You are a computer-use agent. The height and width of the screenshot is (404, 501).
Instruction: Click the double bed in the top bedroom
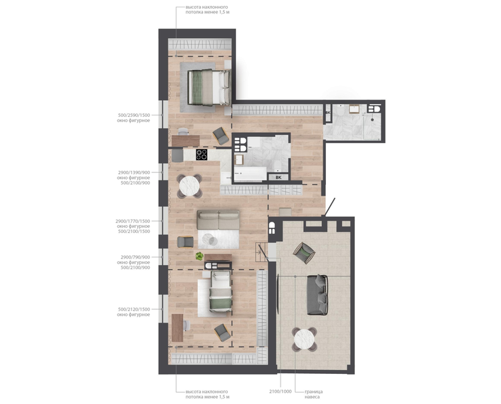click(209, 87)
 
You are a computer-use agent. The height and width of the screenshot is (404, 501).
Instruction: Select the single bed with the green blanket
click(220, 292)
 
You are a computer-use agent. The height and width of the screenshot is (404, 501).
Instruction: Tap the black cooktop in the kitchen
click(202, 154)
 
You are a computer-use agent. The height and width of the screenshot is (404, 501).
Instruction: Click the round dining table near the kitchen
click(190, 186)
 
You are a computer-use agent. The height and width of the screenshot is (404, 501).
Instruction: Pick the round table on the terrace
click(305, 339)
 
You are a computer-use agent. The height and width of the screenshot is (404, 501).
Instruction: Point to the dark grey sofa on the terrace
click(317, 294)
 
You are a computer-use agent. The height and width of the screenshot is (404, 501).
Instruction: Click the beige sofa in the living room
click(218, 220)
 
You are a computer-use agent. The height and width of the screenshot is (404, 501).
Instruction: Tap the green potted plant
click(200, 256)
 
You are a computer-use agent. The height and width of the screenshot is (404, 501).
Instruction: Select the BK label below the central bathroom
click(279, 178)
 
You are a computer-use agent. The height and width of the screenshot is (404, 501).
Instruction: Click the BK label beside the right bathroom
click(328, 113)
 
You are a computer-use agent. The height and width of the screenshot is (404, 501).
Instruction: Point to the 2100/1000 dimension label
click(280, 391)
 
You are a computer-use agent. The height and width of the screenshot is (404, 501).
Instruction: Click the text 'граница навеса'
click(313, 394)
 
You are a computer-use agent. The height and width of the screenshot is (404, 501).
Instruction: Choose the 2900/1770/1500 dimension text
click(133, 221)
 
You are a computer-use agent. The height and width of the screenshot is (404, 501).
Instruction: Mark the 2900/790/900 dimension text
click(135, 257)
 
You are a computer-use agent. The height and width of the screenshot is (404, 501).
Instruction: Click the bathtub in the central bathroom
click(251, 174)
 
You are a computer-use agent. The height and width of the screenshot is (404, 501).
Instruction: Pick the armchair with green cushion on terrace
click(304, 253)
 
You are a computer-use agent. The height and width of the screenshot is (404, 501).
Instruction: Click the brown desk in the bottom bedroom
click(177, 328)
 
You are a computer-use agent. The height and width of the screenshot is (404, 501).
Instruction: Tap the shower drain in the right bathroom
click(372, 120)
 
